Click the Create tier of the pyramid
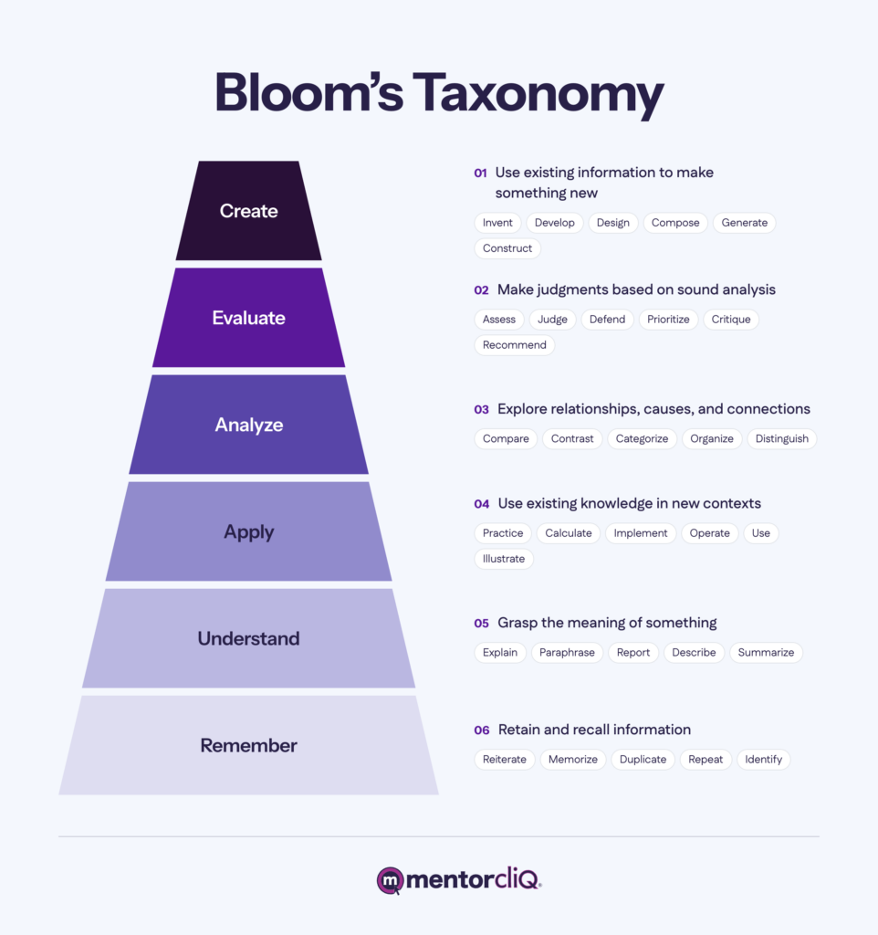coord(248,211)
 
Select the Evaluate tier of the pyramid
coord(248,317)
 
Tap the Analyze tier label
coord(248,425)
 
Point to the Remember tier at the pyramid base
coord(248,745)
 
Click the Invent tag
coord(497,223)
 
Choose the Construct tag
coord(507,248)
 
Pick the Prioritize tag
coord(668,319)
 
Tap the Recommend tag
coord(515,344)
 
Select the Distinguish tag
coord(781,438)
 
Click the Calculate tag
coord(568,532)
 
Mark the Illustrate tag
coord(504,558)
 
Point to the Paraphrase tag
coord(567,652)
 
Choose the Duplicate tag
coord(643,759)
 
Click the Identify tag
coord(763,759)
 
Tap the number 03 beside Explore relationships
coord(482,410)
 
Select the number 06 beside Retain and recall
coord(482,730)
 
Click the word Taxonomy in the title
coord(538,95)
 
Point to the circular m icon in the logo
coord(391,881)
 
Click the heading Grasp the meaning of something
coord(607,623)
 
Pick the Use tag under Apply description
coord(760,532)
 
